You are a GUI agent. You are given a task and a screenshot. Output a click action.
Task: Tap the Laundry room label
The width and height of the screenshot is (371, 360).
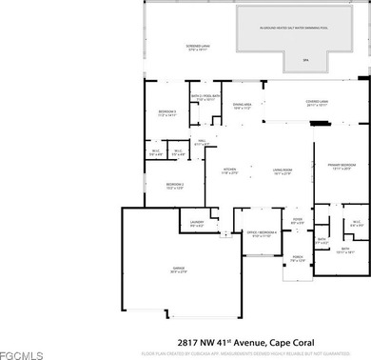[x=197, y=224]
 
